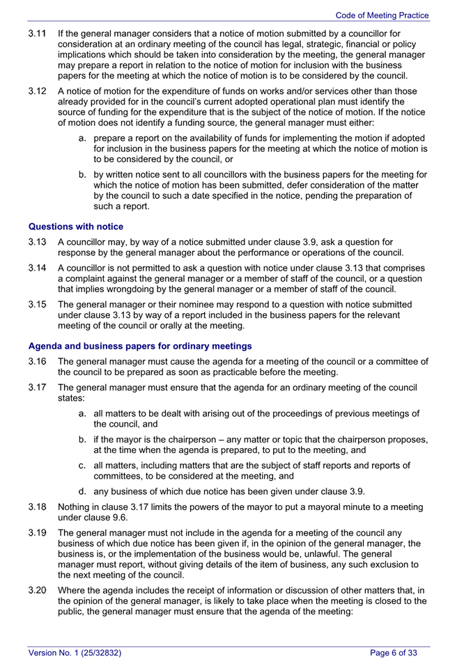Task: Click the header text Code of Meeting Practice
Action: [x=382, y=15]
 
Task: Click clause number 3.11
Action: [x=37, y=33]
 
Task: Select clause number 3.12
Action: [x=37, y=90]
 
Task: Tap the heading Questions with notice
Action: [x=76, y=226]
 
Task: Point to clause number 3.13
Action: [x=37, y=241]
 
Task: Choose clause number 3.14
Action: [x=37, y=268]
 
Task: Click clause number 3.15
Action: [x=37, y=305]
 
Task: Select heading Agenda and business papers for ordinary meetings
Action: [x=140, y=346]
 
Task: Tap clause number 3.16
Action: [x=37, y=361]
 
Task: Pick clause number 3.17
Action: [x=37, y=388]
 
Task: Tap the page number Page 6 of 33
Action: [x=394, y=652]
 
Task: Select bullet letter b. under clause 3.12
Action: [x=83, y=175]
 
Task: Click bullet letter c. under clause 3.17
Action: [x=83, y=465]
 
